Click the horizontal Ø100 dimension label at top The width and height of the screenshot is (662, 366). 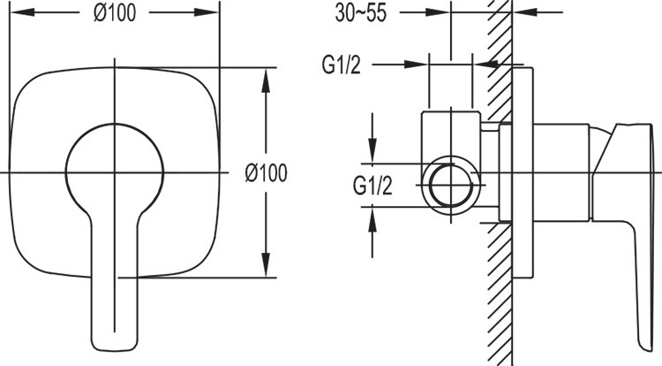[x=115, y=12]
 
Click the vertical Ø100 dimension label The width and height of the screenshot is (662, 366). [x=266, y=173]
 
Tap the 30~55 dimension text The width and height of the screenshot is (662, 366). [x=360, y=12]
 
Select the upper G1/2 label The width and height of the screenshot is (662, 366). [x=342, y=65]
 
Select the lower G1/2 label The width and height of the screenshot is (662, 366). [x=372, y=186]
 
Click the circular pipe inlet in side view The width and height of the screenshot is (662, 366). [x=450, y=184]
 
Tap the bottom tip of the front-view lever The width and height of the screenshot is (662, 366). [x=115, y=350]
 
